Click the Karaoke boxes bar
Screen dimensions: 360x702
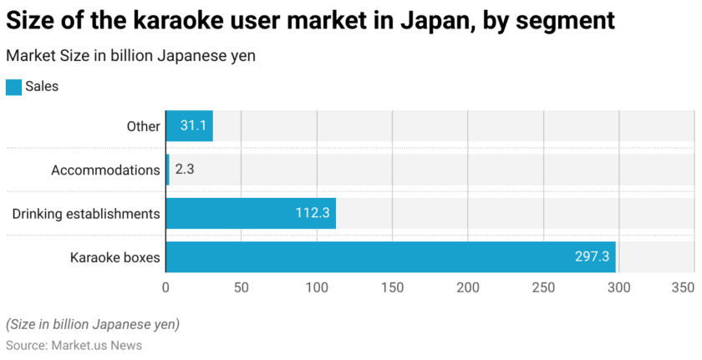[390, 257]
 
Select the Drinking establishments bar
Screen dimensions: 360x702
[251, 214]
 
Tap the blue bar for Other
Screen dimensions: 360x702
[189, 126]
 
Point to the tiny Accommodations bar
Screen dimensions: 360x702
[167, 170]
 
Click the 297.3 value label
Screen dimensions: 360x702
[592, 257]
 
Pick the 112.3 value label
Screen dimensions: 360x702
[313, 214]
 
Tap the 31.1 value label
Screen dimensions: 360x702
[193, 126]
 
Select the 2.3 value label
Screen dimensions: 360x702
[185, 170]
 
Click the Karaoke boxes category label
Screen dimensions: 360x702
[114, 257]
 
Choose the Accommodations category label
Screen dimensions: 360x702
[105, 170]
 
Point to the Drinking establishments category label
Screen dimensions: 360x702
[86, 214]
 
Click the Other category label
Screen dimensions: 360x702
[143, 126]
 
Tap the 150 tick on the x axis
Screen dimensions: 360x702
[392, 288]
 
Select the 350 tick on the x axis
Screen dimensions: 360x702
[683, 288]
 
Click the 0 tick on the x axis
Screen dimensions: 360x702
[165, 288]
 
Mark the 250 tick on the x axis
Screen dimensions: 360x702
[543, 288]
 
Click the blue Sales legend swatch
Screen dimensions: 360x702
[13, 87]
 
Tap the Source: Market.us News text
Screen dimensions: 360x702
[74, 345]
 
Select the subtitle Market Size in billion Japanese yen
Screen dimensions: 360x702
[130, 56]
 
